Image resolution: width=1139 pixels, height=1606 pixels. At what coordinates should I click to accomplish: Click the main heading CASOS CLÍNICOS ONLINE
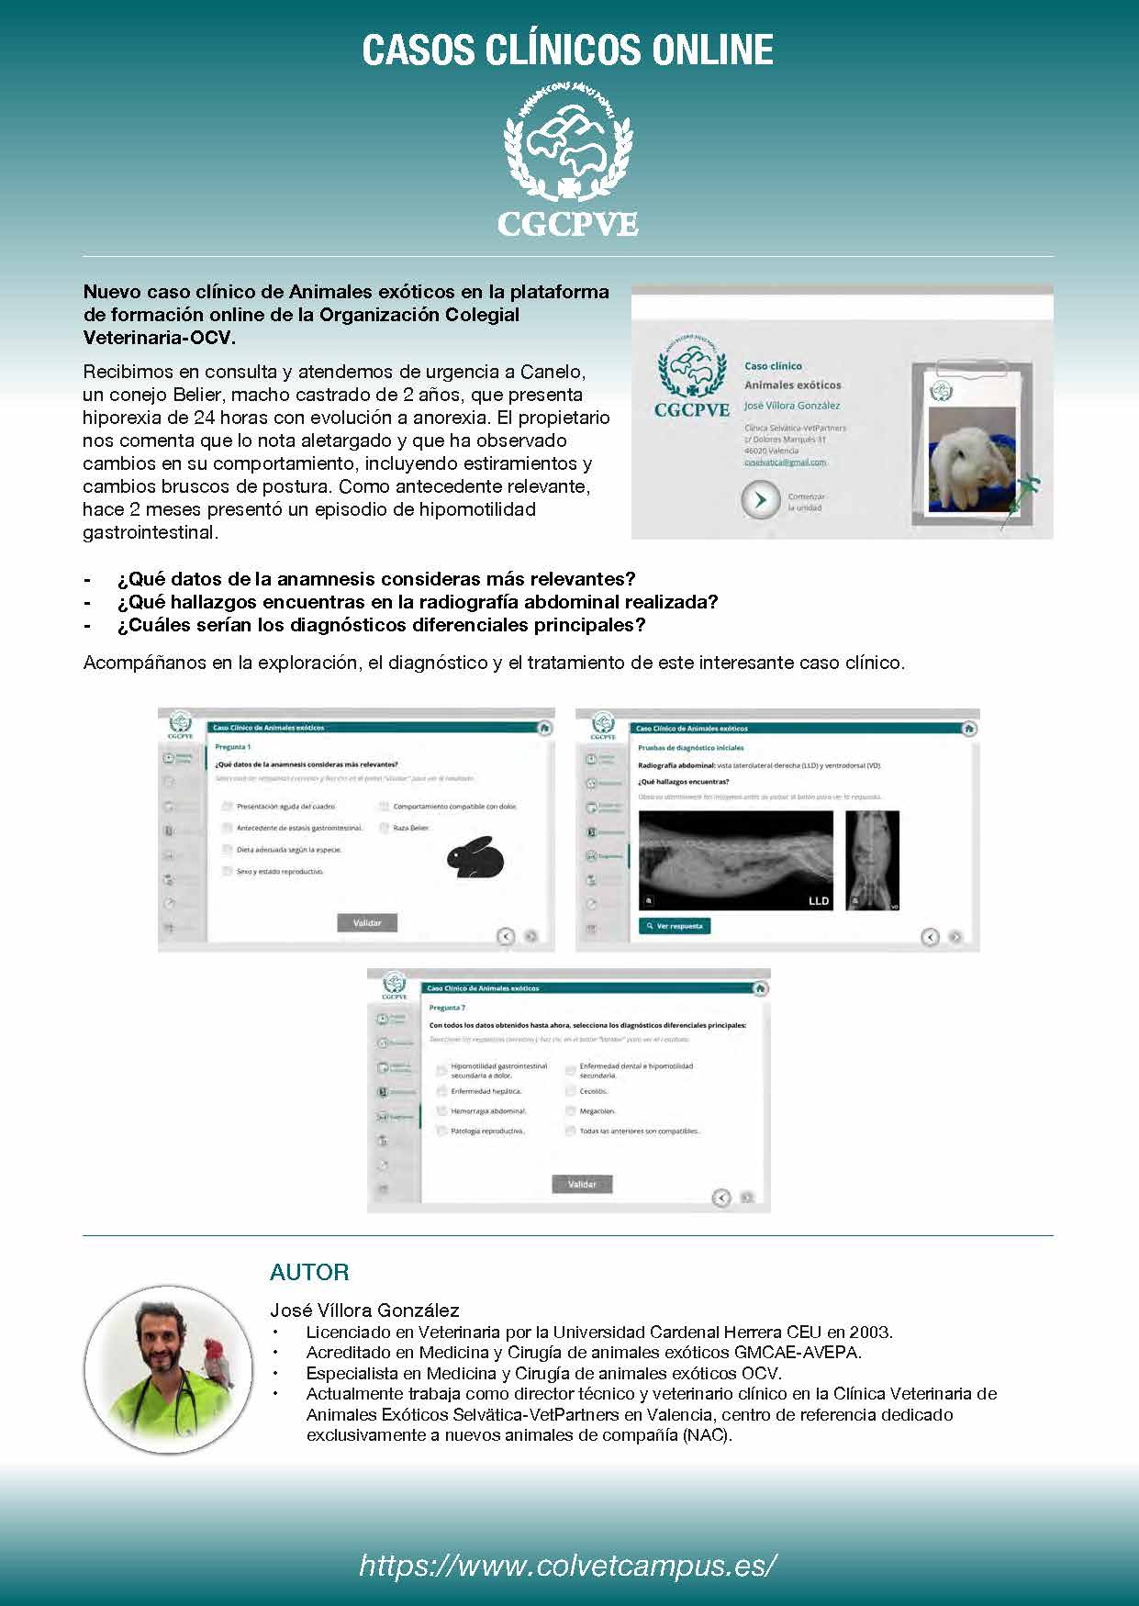click(568, 50)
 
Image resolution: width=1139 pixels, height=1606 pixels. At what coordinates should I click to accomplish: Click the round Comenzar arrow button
click(760, 500)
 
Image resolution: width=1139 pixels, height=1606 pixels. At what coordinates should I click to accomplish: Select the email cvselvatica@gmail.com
click(785, 463)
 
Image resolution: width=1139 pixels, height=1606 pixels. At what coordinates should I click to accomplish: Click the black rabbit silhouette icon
click(475, 858)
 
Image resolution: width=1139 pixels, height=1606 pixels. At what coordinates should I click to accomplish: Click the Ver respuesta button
click(675, 926)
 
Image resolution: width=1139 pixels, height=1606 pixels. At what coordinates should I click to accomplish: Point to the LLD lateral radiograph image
click(736, 860)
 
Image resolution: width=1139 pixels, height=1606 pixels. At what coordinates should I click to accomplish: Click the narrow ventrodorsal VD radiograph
click(872, 860)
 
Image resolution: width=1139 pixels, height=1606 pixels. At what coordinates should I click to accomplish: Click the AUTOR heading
click(309, 1272)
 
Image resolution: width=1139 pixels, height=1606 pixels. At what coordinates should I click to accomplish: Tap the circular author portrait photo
click(168, 1368)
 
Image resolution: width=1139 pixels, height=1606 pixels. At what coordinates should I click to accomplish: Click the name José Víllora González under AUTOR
click(364, 1310)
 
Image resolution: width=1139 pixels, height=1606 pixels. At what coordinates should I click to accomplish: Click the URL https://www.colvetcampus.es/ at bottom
click(568, 1565)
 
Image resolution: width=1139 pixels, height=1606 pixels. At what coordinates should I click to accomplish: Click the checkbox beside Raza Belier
click(385, 828)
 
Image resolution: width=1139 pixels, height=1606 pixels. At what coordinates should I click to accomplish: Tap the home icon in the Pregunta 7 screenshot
click(760, 988)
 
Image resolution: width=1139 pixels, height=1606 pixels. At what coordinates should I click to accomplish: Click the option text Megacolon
click(597, 1111)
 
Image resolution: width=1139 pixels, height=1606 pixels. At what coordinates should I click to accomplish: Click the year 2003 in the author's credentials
click(870, 1332)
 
